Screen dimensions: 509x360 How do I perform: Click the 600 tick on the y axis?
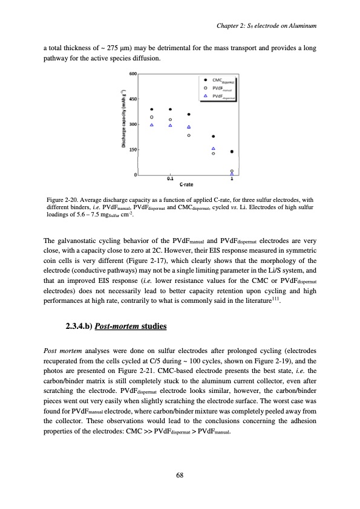pos(133,74)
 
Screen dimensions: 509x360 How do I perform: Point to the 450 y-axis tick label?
pos(133,99)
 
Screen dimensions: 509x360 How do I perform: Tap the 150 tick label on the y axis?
pos(133,149)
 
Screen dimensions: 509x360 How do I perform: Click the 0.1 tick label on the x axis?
pos(171,180)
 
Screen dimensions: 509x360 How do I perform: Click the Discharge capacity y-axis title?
pos(123,124)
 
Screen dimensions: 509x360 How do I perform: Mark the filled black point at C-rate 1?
pos(232,152)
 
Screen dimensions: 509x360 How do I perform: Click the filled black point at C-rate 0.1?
pos(171,109)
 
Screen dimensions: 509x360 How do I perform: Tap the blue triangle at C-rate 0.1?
pos(171,126)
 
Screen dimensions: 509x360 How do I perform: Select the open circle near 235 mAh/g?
pos(189,135)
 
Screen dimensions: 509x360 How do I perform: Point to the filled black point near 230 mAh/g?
pos(213,137)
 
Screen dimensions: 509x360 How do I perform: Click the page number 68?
pos(180,474)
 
